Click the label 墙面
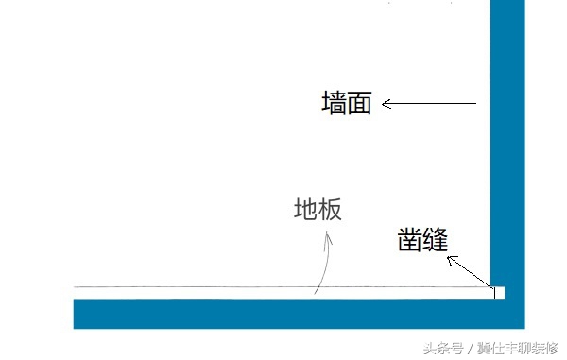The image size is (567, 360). [x=347, y=103]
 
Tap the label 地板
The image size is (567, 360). [x=317, y=210]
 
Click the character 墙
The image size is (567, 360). [x=335, y=103]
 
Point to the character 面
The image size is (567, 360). [x=360, y=103]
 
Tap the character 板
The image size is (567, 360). [x=329, y=210]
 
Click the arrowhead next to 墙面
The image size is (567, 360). [x=387, y=103]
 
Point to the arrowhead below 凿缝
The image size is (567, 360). [x=451, y=259]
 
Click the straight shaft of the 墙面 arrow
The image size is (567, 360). [x=435, y=103]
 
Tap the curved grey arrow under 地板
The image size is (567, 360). [x=324, y=269]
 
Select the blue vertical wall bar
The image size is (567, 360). [x=507, y=142]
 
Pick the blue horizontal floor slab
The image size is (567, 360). [x=283, y=314]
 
